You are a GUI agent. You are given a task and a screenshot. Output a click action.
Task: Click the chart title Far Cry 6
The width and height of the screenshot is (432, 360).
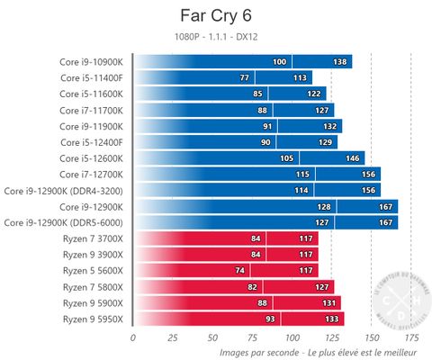tap(217, 17)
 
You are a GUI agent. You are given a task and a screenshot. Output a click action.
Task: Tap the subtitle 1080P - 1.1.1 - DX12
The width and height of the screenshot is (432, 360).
tap(216, 37)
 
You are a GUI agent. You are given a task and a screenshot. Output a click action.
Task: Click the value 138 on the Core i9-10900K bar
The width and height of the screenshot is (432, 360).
tap(340, 61)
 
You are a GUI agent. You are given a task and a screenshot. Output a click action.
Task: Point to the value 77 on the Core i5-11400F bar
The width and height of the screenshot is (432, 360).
tap(244, 77)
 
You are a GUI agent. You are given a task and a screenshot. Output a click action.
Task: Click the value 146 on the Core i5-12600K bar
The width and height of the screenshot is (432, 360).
tap(354, 158)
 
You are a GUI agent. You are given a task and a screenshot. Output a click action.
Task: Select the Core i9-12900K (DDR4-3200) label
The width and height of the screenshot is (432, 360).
tap(68, 191)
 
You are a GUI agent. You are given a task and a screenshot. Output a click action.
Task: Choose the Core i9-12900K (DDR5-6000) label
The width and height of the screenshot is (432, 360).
tap(68, 222)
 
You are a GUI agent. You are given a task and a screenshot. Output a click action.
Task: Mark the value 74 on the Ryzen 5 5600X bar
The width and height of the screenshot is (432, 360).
tap(238, 271)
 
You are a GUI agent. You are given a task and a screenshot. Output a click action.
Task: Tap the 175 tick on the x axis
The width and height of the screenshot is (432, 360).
tap(411, 337)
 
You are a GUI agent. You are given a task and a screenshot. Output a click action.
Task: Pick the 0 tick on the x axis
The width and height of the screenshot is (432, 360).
tap(133, 337)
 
